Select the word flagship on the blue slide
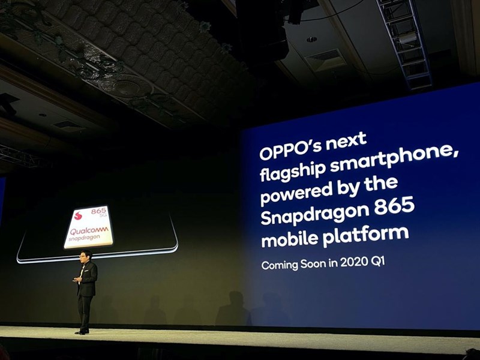click(290, 172)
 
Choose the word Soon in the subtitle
click(319, 263)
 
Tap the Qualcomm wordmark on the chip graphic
click(89, 230)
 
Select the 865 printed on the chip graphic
click(98, 211)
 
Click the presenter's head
click(86, 256)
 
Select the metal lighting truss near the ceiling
click(404, 42)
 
